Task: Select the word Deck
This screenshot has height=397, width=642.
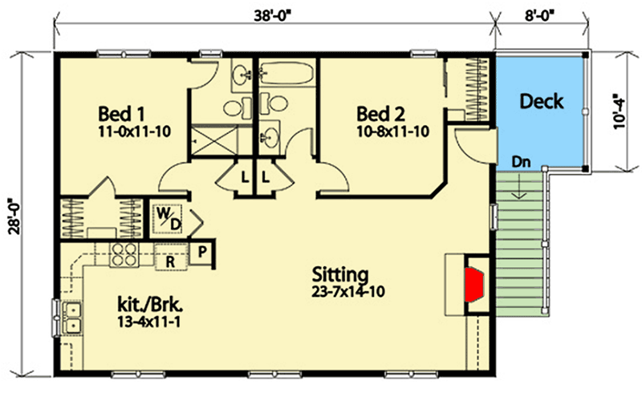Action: [542, 102]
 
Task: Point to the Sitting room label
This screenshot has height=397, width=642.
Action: [342, 274]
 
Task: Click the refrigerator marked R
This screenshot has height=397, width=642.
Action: [170, 261]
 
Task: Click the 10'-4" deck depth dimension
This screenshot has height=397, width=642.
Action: [616, 111]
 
